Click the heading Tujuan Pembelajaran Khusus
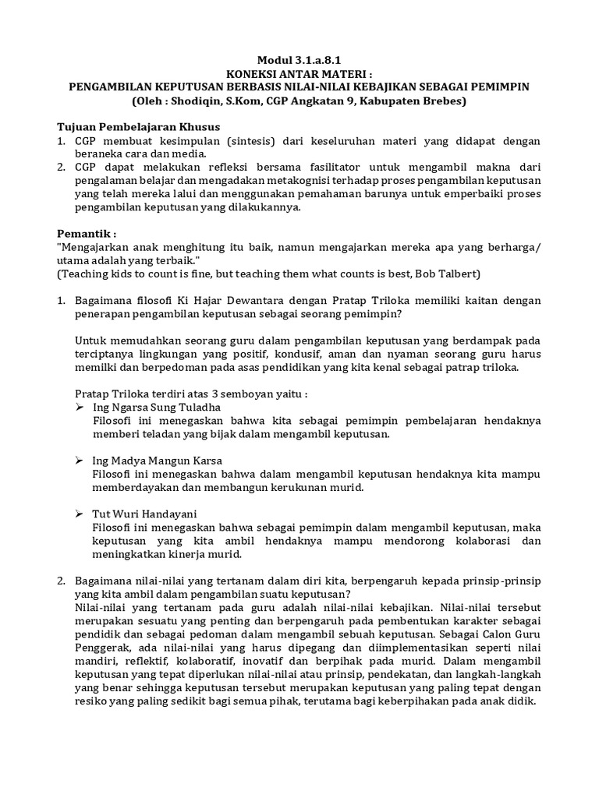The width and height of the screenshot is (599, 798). click(140, 127)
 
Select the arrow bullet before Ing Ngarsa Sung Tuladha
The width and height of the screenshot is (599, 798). click(80, 407)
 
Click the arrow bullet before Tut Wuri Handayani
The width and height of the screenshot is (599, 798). click(80, 514)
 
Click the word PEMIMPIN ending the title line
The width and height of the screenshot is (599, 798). click(501, 87)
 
